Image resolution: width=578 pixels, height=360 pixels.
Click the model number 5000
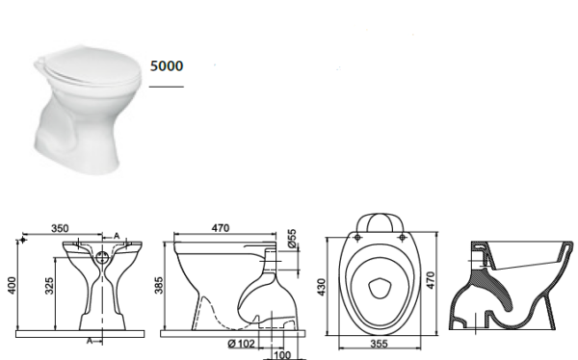pyautogui.click(x=167, y=66)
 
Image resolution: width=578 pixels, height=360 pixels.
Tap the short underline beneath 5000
pyautogui.click(x=166, y=86)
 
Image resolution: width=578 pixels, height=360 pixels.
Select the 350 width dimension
pyautogui.click(x=60, y=229)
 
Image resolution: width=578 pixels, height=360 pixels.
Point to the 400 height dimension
pyautogui.click(x=13, y=286)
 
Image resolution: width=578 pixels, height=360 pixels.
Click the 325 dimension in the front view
pyautogui.click(x=47, y=286)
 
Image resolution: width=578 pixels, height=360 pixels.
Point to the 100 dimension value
pyautogui.click(x=281, y=354)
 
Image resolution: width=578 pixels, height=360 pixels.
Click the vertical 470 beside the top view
pyautogui.click(x=443, y=279)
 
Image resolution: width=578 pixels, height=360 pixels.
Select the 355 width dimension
pyautogui.click(x=379, y=343)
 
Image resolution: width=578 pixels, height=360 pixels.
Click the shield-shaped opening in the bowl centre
pyautogui.click(x=380, y=286)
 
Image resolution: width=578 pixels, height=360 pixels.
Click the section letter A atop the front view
pyautogui.click(x=117, y=236)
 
